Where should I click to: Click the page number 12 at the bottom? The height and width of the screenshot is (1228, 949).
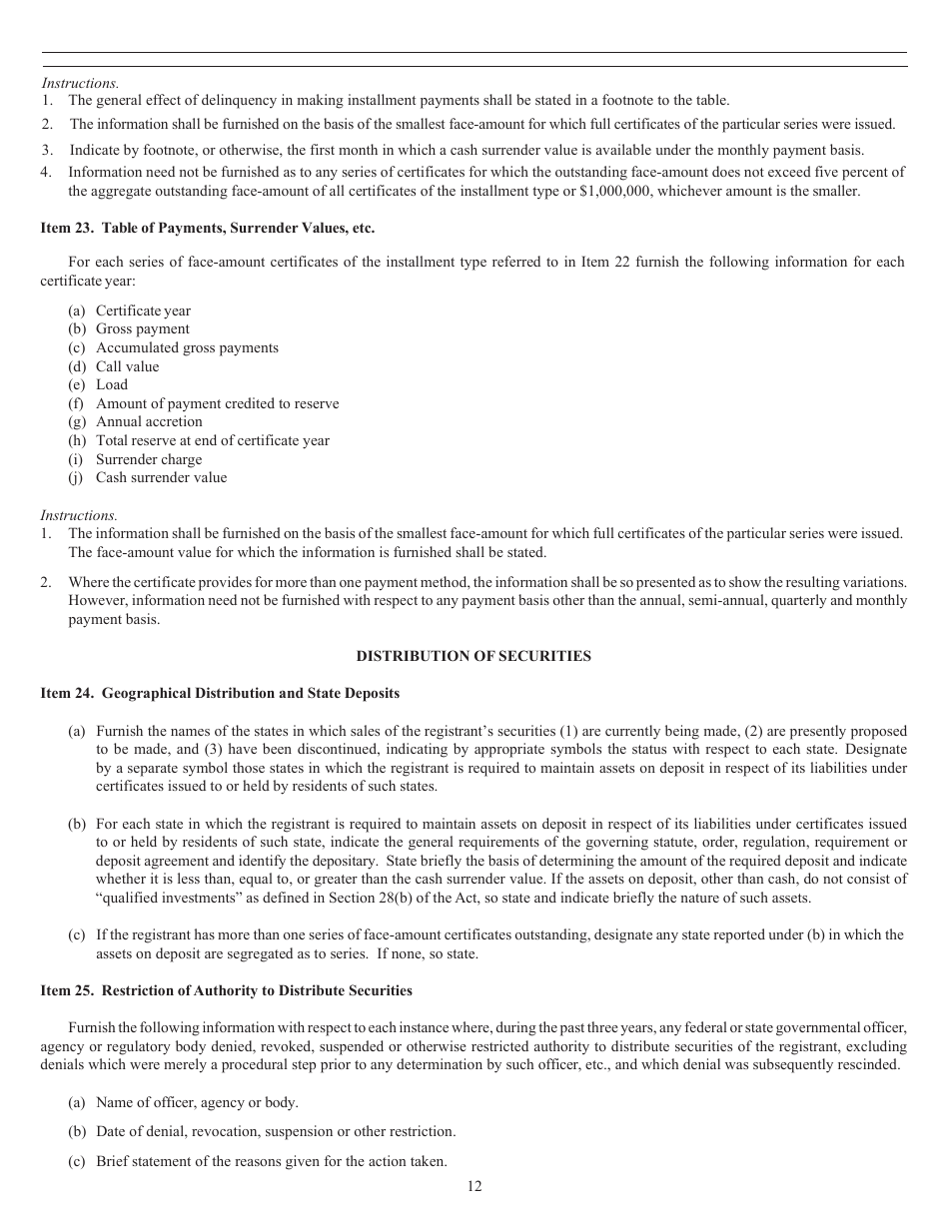pos(474,1186)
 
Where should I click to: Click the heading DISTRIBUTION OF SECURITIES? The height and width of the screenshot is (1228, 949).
pos(474,656)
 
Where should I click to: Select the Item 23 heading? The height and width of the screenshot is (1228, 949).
pos(207,228)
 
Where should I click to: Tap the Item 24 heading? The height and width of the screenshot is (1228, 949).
pos(220,693)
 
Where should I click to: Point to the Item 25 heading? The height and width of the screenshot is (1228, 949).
pos(226,990)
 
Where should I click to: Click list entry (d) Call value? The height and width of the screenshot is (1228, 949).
pos(114,366)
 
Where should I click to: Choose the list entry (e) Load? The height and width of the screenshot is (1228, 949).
pos(98,384)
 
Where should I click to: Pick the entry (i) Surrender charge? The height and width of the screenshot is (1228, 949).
pos(135,459)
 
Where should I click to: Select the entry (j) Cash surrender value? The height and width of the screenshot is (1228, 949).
pos(148,477)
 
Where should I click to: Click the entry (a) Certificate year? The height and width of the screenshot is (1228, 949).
pos(130,310)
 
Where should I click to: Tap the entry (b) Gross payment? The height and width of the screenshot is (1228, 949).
pos(129,328)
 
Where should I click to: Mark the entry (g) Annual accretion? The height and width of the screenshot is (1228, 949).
pos(135,421)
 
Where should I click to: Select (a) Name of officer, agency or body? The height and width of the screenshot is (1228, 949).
pos(184,1102)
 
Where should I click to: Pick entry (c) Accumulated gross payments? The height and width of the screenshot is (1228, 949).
pos(174,347)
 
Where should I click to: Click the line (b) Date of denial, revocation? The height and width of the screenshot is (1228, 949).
pos(262,1131)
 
